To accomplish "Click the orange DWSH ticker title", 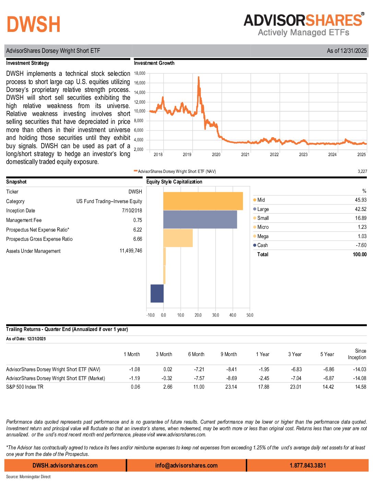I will pyautogui.click(x=33, y=24).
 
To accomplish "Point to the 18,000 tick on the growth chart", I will pyautogui.click(x=140, y=73).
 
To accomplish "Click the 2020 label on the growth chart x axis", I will pyautogui.click(x=216, y=155).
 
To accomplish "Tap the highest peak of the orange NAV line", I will pyautogui.click(x=198, y=78).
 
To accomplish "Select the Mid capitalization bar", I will pyautogui.click(x=203, y=201).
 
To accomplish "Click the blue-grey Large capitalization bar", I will pyautogui.click(x=200, y=220).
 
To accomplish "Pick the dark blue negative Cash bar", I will pyautogui.click(x=157, y=294).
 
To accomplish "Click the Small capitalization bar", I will pyautogui.click(x=178, y=238).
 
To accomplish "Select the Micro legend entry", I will pyautogui.click(x=263, y=227).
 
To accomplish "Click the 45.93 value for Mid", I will pyautogui.click(x=360, y=200).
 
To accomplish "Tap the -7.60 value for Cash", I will pyautogui.click(x=361, y=245).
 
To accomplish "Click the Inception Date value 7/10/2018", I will pyautogui.click(x=132, y=211).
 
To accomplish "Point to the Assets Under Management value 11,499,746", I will pyautogui.click(x=131, y=251).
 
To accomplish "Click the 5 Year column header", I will pyautogui.click(x=327, y=354).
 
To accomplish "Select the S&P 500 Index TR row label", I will pyautogui.click(x=25, y=387).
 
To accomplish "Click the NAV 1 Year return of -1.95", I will pyautogui.click(x=264, y=369).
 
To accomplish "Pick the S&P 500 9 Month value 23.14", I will pyautogui.click(x=231, y=387).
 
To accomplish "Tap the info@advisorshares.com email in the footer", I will pyautogui.click(x=186, y=466).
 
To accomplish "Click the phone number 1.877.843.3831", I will pyautogui.click(x=308, y=466).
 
